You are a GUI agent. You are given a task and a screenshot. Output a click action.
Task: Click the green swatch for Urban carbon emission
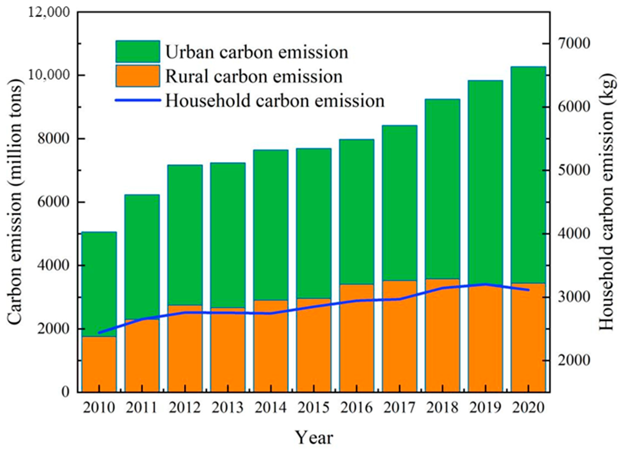click(x=138, y=52)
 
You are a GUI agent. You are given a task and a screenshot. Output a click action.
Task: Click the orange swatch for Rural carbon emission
click(x=138, y=76)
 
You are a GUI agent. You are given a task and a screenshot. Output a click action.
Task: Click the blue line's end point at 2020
click(x=528, y=290)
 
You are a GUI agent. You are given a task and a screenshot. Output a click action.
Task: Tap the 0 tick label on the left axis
click(x=65, y=392)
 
